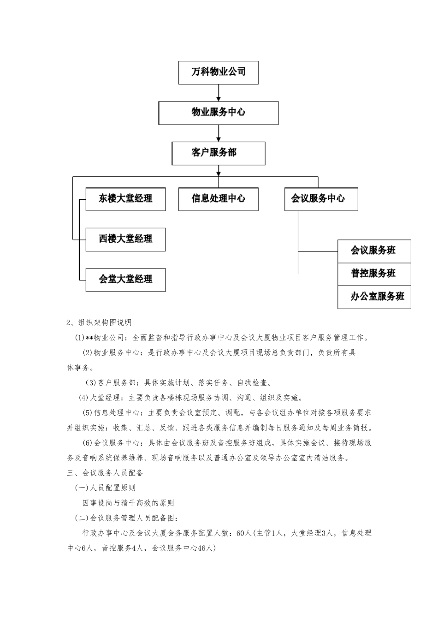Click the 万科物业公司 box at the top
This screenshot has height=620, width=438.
[x=218, y=72]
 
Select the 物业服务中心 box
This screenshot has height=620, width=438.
[x=218, y=113]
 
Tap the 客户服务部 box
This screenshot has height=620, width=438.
[x=218, y=153]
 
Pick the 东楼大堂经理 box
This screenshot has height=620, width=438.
[x=125, y=199]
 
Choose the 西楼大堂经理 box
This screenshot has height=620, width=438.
[x=125, y=239]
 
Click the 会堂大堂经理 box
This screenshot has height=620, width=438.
[x=125, y=279]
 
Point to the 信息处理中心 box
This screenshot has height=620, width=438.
[x=218, y=199]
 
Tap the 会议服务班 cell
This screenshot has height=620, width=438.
[x=373, y=251]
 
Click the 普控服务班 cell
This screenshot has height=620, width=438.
[x=373, y=274]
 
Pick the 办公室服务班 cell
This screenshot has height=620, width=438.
[x=373, y=297]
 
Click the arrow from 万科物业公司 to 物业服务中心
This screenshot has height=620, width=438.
[x=219, y=93]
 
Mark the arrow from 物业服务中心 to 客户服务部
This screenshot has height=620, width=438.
[x=219, y=133]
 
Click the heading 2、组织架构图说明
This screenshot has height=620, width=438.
[x=99, y=322]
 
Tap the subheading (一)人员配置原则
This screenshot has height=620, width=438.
[x=106, y=488]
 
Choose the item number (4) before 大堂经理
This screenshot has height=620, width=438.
[x=83, y=398]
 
